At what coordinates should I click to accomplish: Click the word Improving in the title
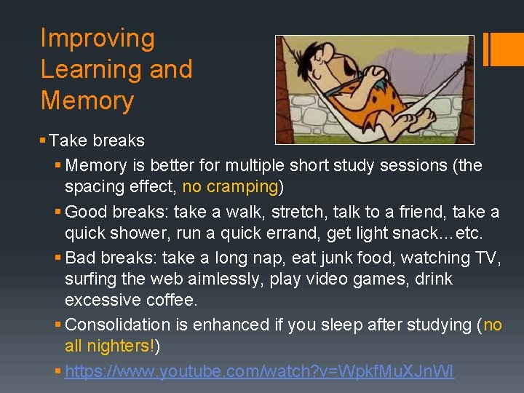pyautogui.click(x=98, y=39)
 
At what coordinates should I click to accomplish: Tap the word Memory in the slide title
pyautogui.click(x=87, y=100)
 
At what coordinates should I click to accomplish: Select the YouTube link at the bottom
pyautogui.click(x=259, y=372)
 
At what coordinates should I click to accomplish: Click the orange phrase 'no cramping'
pyautogui.click(x=230, y=187)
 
